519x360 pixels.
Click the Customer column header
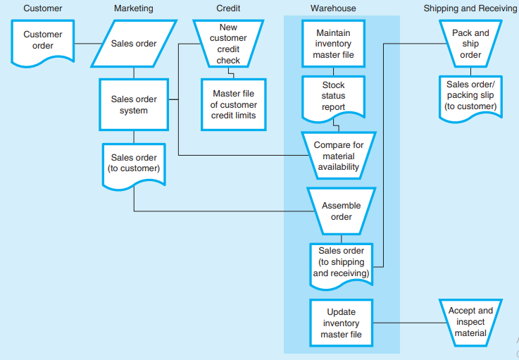coord(42,8)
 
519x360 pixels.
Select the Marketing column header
coord(133,8)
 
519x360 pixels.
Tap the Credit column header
coord(228,8)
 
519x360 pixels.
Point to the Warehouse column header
coord(333,8)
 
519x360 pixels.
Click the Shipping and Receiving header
coord(470,8)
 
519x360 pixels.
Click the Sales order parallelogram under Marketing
coord(134,44)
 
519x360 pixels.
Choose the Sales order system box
coord(134,104)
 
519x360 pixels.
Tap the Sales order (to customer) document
coord(134,163)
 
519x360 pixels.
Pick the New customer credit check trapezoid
coord(228,44)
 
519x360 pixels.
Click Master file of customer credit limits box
coord(234,104)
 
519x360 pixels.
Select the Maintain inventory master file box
coord(334,44)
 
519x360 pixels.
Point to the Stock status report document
coord(333,97)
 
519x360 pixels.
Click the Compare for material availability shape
coord(338,156)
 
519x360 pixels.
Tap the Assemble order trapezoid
coord(341,211)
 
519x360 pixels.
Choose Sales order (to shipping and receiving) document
coord(341,263)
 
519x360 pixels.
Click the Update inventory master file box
coord(341,323)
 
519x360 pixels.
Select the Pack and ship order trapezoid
coord(470,44)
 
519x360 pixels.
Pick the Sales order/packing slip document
coord(470,96)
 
